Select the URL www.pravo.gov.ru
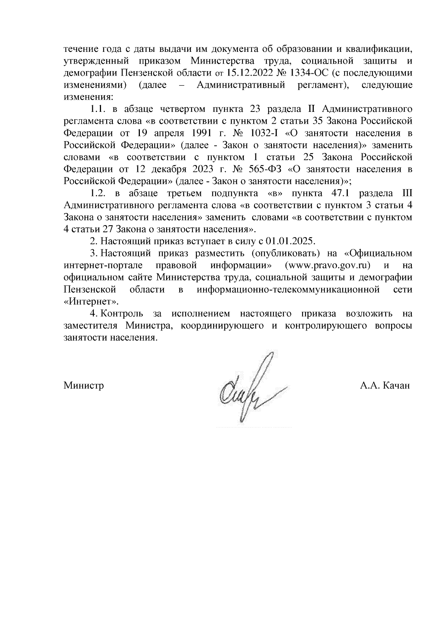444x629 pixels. coord(328,266)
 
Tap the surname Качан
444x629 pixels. coord(396,386)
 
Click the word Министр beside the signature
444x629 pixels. coord(84,386)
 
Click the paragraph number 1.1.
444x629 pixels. coord(98,109)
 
